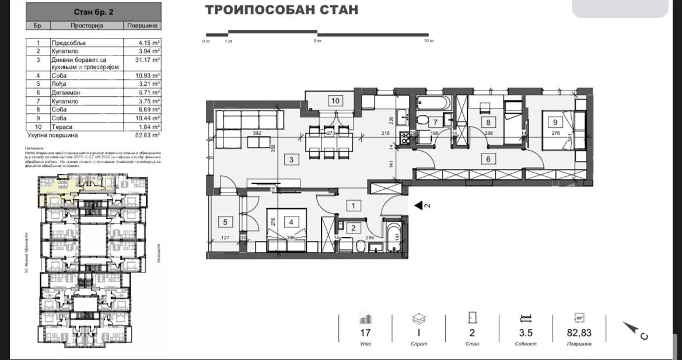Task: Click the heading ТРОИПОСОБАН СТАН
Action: pos(282,10)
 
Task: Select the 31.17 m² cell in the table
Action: pos(142,59)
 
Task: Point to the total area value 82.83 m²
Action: pos(142,135)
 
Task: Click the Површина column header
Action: pos(142,26)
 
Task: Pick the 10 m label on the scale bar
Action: pos(429,41)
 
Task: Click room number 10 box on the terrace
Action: pos(335,100)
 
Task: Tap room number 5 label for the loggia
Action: pos(224,222)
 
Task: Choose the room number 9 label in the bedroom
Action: pos(555,123)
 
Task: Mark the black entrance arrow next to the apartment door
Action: pos(419,205)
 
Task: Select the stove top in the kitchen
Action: pos(404,138)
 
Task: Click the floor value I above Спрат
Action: pos(419,333)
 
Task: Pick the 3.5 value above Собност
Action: pos(525,333)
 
